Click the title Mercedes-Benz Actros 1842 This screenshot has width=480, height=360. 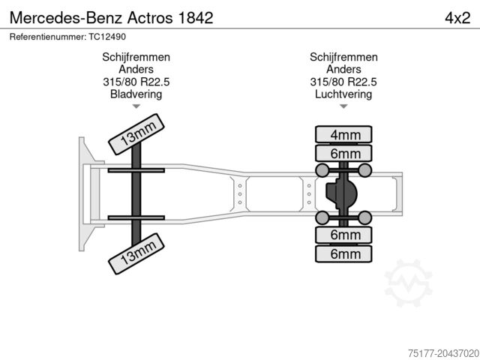pos(112,18)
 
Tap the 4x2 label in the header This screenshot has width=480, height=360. pos(457,18)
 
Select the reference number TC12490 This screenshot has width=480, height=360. pos(107,37)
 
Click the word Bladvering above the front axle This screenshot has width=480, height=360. pos(136,94)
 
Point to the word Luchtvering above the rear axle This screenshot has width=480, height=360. pos(343,94)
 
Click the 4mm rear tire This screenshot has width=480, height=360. pos(343,134)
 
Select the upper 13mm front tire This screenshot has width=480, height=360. pos(136,134)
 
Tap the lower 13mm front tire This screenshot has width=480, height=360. pos(136,253)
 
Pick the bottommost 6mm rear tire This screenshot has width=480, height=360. pos(343,253)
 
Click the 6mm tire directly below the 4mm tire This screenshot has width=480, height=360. pos(343,153)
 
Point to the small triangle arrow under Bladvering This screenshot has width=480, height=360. pos(136,106)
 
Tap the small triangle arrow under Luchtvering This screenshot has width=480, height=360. pos(343,106)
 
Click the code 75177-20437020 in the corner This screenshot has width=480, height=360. pos(443,353)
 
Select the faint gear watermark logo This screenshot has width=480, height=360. pos(408,283)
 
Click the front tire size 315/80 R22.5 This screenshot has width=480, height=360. pos(136,82)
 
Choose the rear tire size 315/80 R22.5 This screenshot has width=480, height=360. pos(343,82)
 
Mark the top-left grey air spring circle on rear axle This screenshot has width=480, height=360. pos(322,170)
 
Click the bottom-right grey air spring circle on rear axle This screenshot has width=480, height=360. pos(365,217)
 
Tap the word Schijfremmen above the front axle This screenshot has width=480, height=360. pos(136,57)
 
